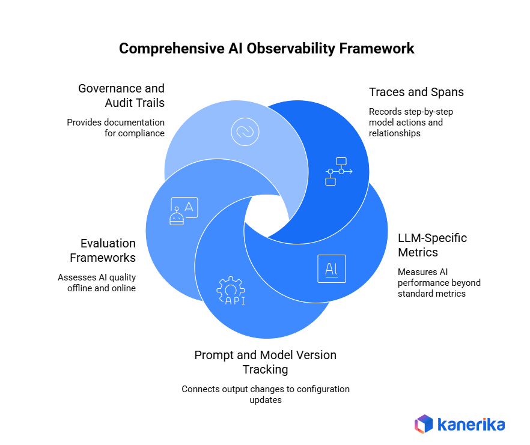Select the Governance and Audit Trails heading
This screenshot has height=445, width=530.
[121, 95]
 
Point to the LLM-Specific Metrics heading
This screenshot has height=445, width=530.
[432, 244]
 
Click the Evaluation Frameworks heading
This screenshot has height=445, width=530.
[102, 250]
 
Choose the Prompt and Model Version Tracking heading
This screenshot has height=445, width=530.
[265, 362]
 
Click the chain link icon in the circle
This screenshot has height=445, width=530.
[245, 131]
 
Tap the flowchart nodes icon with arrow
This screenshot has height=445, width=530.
[338, 171]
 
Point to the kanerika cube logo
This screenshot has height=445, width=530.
[424, 424]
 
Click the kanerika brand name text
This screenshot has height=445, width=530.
[472, 425]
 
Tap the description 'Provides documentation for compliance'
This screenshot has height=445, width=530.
[115, 127]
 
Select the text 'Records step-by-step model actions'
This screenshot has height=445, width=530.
[406, 117]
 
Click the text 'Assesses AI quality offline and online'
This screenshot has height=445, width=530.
[97, 282]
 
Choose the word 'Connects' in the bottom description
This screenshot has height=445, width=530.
[201, 389]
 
